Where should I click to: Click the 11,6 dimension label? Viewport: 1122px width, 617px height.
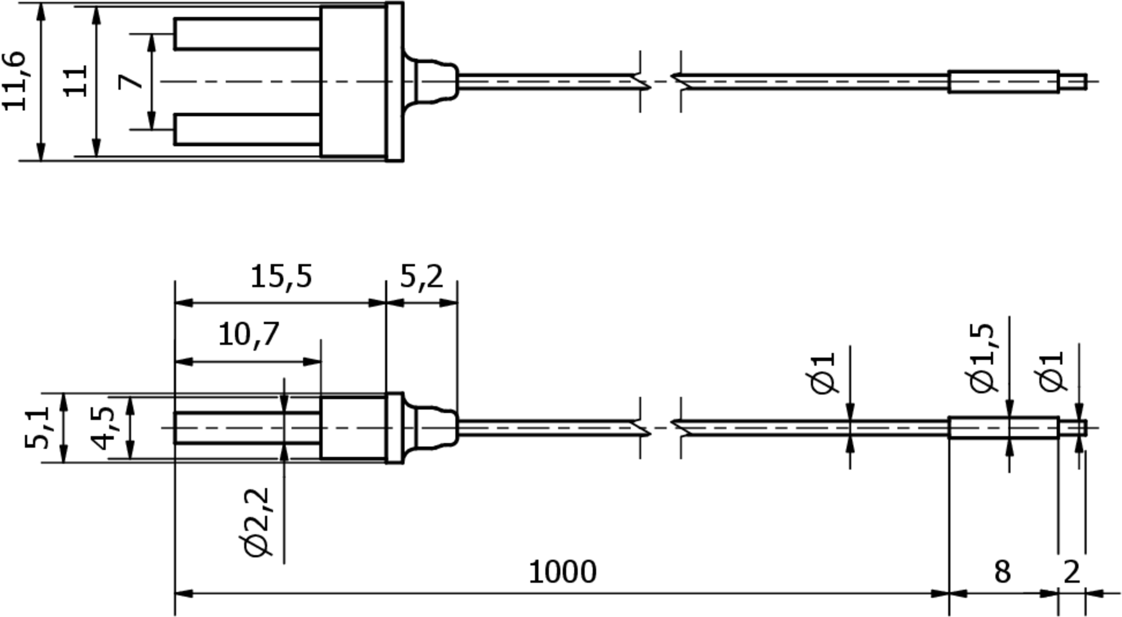click(x=14, y=81)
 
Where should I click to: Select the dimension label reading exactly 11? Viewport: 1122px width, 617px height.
click(x=75, y=81)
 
